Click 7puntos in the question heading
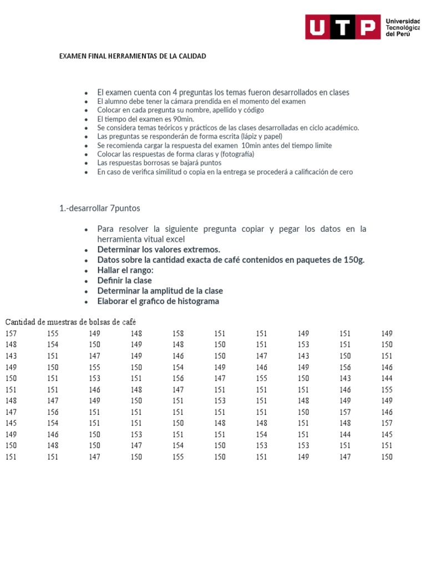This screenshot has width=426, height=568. pyautogui.click(x=122, y=209)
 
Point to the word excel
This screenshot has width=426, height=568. pyautogui.click(x=175, y=239)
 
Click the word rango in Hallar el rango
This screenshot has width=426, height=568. pyautogui.click(x=139, y=270)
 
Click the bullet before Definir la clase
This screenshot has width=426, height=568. pyautogui.click(x=86, y=281)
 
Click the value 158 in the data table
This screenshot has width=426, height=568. pyautogui.click(x=178, y=333)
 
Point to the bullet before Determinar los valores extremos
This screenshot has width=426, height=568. pyautogui.click(x=86, y=250)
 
